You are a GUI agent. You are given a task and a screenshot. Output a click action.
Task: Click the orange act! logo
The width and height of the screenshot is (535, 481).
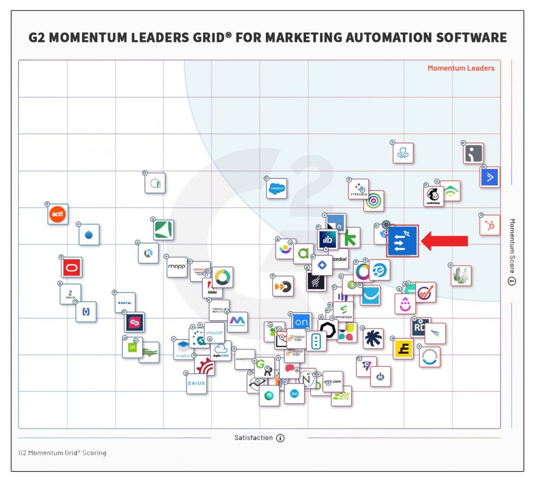57,214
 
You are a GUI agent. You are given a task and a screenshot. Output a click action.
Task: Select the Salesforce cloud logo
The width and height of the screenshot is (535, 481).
276,189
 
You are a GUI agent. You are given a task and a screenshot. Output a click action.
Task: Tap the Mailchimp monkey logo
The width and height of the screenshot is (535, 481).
434,196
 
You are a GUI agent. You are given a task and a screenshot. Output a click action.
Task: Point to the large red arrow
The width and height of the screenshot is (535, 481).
445,241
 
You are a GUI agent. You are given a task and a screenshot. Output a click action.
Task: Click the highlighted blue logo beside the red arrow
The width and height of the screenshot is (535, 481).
402,241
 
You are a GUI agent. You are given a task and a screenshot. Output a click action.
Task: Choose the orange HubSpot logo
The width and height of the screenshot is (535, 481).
490,225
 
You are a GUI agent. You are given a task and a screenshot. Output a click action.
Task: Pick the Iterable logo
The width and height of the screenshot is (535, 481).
358,190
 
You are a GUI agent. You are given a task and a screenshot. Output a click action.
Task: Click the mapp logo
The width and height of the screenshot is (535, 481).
177,267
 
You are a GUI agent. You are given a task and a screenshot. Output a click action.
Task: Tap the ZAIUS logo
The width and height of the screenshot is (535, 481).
196,383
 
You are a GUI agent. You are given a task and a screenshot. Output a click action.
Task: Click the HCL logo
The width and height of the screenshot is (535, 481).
125,302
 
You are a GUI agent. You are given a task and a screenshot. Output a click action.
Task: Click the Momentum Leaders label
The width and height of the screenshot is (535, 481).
461,68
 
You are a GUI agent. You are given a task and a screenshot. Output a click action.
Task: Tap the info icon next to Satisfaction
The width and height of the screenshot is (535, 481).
281,438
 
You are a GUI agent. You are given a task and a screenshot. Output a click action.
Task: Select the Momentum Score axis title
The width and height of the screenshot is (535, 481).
512,245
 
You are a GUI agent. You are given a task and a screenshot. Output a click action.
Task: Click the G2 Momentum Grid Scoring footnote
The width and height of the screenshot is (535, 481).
62,453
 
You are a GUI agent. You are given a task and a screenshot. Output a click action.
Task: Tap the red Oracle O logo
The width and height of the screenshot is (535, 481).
72,267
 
